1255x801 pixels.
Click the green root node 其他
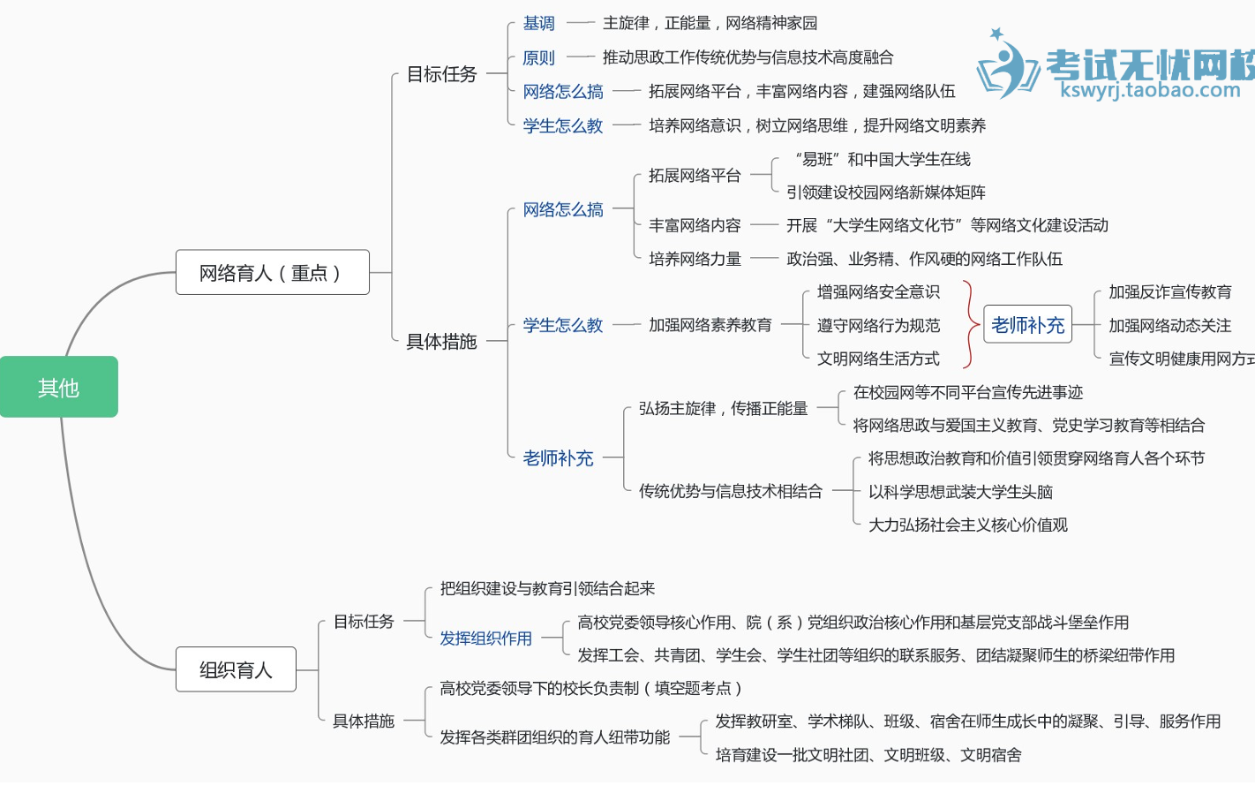point(58,387)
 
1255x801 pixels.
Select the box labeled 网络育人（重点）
point(272,273)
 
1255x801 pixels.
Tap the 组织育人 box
point(236,669)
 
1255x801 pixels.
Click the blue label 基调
point(538,24)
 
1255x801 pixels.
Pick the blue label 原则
point(538,58)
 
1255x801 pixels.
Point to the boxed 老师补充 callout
point(1027,325)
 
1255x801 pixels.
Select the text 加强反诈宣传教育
point(1169,292)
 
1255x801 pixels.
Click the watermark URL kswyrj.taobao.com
point(1150,90)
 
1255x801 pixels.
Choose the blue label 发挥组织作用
point(485,639)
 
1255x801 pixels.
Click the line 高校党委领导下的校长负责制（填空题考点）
point(590,688)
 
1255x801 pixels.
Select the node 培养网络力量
point(695,259)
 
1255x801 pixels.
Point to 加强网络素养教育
point(710,325)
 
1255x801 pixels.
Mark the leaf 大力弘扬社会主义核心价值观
point(967,525)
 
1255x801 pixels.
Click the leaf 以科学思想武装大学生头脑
point(960,492)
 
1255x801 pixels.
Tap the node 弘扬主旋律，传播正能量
point(723,408)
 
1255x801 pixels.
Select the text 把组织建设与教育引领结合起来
point(547,589)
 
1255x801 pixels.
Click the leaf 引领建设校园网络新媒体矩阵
point(885,193)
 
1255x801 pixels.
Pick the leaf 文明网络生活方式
point(877,359)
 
